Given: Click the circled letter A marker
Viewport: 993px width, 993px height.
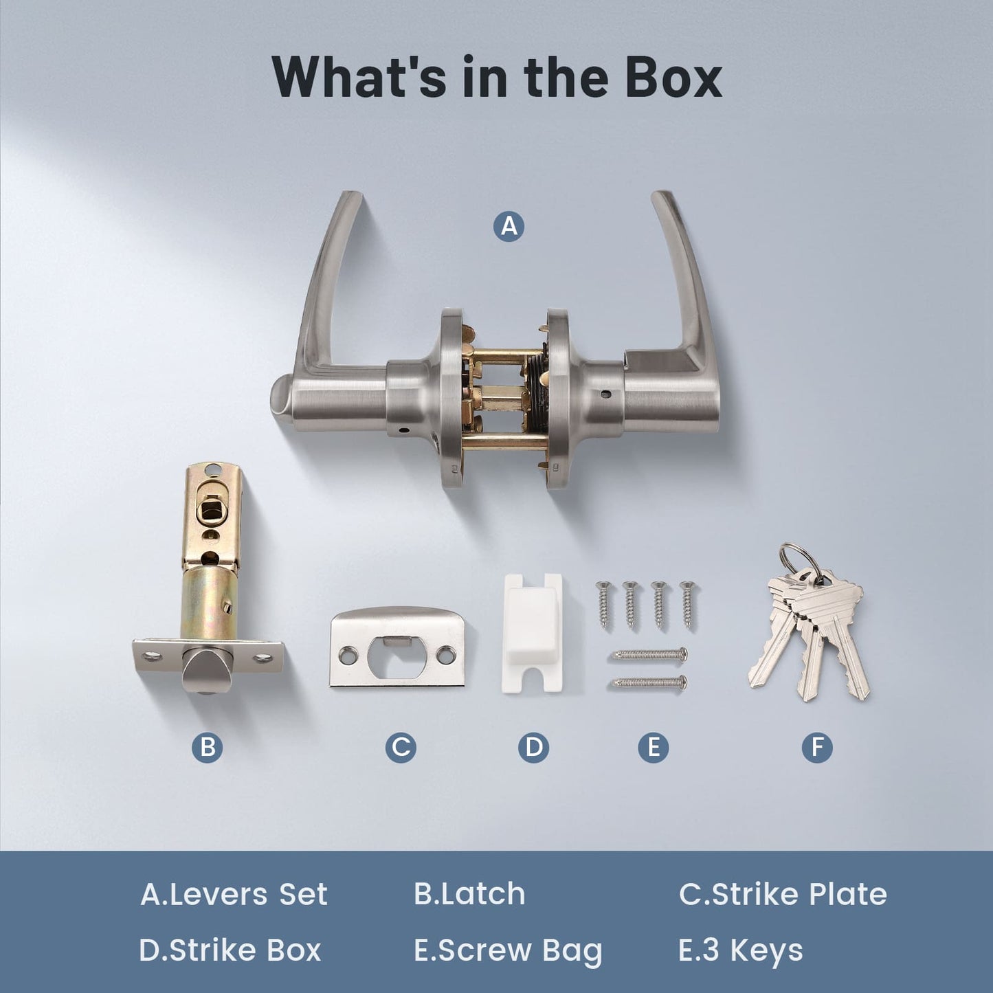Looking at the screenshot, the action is click(509, 226).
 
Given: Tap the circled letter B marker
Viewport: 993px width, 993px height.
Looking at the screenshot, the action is click(208, 747).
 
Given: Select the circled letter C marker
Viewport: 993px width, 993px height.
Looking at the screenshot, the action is click(401, 747).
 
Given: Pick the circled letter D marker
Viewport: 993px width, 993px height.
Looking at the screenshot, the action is click(534, 747).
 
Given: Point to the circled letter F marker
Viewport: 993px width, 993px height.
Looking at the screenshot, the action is click(817, 747).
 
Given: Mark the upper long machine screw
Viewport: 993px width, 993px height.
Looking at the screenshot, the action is click(648, 654).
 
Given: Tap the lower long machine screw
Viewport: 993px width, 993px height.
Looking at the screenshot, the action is click(648, 683).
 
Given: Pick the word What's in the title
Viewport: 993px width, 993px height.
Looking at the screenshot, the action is click(359, 78).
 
